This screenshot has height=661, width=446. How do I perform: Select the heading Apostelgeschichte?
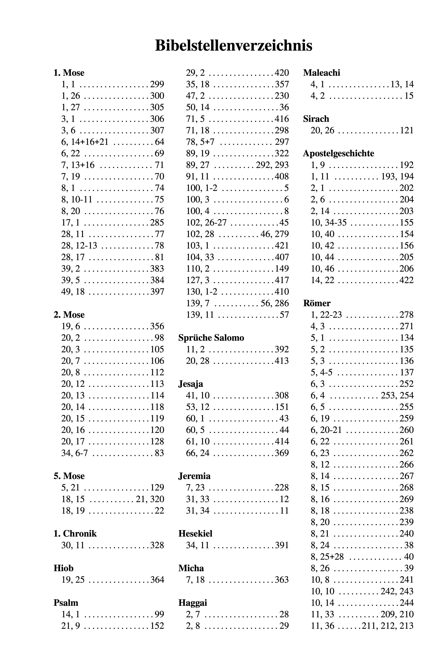point(338,153)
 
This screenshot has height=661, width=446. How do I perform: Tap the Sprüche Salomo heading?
point(211,338)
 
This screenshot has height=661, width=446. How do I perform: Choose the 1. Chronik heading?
point(75,533)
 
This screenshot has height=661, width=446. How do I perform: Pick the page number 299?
point(157,84)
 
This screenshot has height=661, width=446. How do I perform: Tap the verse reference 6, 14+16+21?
point(85,142)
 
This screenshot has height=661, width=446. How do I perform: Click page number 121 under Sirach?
point(406,130)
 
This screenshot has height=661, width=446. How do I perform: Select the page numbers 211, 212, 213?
point(387,625)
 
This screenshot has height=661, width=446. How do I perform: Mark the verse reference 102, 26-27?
point(206,222)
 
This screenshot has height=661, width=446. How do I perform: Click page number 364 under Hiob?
point(157,579)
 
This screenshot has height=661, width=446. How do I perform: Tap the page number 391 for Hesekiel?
point(282,545)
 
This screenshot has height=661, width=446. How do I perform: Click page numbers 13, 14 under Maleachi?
point(402,84)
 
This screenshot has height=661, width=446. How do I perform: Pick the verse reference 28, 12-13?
point(79,245)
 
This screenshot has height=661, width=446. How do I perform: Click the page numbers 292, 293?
point(272,165)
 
